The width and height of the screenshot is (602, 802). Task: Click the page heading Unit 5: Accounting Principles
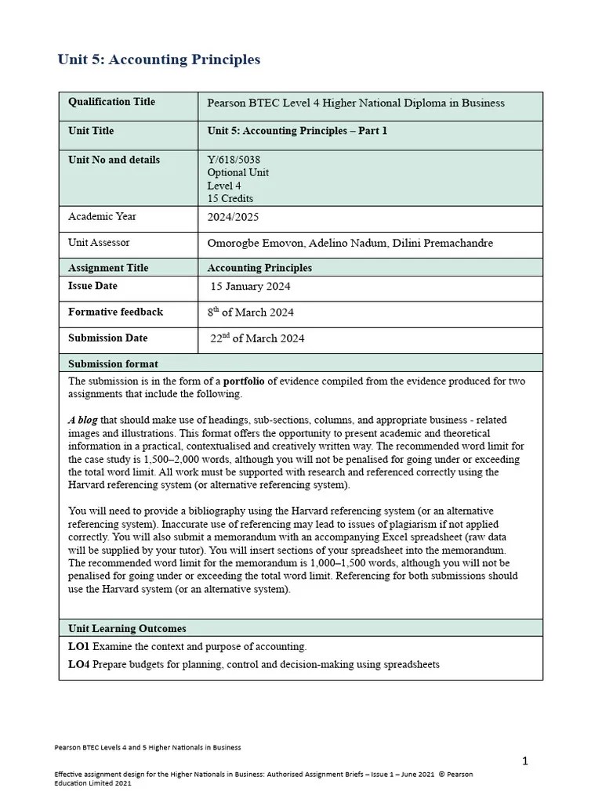[x=159, y=60]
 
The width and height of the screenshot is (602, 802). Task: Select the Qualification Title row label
[x=111, y=102]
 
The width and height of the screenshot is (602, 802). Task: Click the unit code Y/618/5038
[x=234, y=160]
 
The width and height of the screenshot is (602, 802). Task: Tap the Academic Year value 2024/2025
[x=233, y=217]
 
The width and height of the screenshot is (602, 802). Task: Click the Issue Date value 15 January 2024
[x=251, y=286]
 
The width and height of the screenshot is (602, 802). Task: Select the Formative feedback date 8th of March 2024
[x=251, y=312]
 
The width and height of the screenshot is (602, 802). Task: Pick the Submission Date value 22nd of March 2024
[x=257, y=338]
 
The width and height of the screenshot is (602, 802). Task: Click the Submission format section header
[x=113, y=364]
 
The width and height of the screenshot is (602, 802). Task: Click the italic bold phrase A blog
[x=82, y=420]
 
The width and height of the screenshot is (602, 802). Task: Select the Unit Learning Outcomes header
[x=127, y=628]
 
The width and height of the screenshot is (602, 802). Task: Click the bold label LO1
[x=79, y=647]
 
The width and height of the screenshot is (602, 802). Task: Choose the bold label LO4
[x=79, y=665]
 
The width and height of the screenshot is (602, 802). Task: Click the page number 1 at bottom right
[x=526, y=760]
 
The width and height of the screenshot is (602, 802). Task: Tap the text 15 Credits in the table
[x=230, y=199]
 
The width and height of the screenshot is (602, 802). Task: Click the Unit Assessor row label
[x=99, y=243]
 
